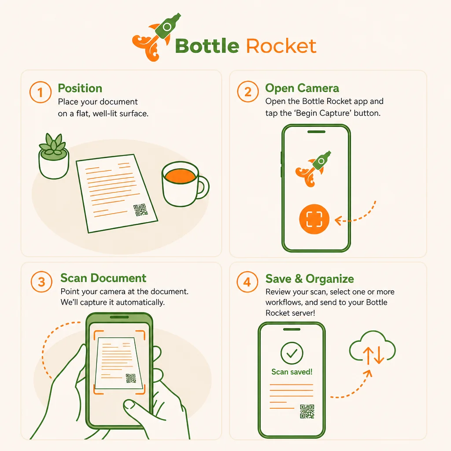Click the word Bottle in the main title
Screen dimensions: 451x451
207,46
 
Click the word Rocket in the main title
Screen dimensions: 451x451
281,46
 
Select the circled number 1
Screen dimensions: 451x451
40,92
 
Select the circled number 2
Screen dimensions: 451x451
248,92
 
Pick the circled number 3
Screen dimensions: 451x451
41,282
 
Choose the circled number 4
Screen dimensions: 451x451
248,282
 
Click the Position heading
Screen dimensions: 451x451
80,88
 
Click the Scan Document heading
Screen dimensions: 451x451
103,278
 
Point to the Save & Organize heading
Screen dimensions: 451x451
310,279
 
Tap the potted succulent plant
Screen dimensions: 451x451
54,156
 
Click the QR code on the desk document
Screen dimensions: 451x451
140,210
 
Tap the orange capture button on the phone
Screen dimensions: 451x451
314,219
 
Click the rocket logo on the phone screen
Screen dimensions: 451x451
313,169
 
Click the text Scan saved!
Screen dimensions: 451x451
292,372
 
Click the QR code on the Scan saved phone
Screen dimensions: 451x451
307,411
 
